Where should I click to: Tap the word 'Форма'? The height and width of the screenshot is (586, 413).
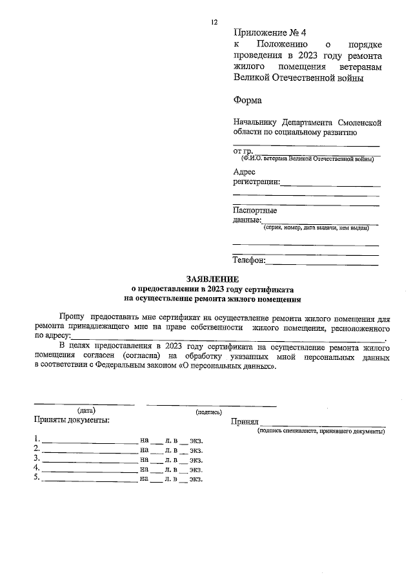[248, 100]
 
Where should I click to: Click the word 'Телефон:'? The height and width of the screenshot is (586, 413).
[248, 260]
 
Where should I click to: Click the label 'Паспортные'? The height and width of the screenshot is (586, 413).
[255, 210]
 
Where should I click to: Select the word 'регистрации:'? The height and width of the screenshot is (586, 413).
[256, 182]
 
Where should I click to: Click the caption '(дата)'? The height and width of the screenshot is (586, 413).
[86, 410]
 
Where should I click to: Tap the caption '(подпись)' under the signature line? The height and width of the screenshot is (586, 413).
[208, 412]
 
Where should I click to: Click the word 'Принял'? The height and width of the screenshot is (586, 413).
[245, 421]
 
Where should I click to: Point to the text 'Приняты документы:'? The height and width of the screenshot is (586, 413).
[72, 420]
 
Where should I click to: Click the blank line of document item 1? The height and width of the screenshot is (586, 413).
[90, 440]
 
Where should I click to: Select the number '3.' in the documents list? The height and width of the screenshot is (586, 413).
[37, 459]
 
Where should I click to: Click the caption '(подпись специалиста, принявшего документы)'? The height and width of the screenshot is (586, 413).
[320, 431]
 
